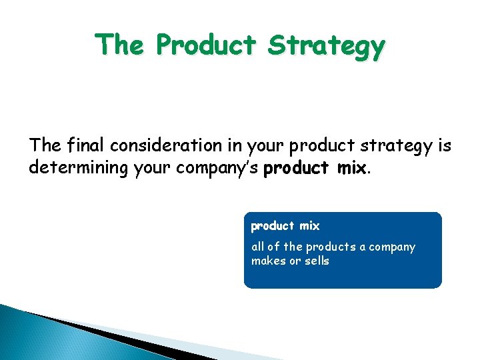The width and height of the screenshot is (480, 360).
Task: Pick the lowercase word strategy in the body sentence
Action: [x=393, y=146]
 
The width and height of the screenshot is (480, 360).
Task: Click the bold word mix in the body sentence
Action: [x=351, y=167]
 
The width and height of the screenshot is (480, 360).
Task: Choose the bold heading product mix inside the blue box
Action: [x=285, y=226]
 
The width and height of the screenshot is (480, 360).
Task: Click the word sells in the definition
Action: [x=317, y=261]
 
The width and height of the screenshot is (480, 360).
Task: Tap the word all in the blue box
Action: [x=258, y=247]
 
